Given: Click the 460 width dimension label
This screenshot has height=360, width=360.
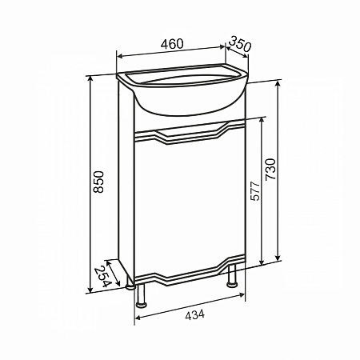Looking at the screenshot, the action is coord(172,44).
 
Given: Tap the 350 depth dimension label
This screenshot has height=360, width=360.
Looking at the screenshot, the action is coord(240,44).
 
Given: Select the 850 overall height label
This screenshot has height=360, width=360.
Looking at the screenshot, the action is coord(98,182).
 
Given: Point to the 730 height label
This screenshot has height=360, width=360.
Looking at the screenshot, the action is coord(270,170).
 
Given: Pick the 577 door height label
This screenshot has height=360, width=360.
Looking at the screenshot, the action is coord(255,191).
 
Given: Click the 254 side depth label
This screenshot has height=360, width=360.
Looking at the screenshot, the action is coord(102,276).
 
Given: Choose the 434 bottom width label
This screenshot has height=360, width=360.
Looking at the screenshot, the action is coord(195,314).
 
